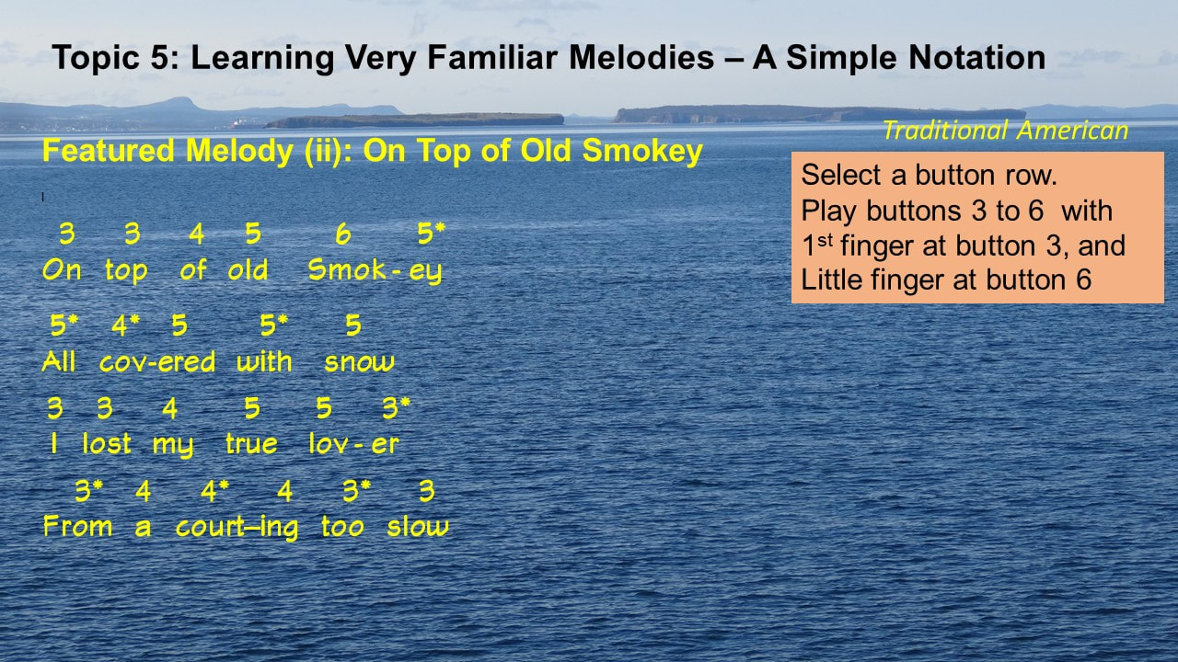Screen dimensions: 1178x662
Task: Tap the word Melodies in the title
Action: point(641,57)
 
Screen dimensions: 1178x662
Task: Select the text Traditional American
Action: point(1006,131)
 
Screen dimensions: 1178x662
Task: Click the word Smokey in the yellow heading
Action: point(642,152)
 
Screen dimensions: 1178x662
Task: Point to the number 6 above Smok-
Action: point(343,234)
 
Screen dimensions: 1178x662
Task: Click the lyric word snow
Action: point(359,362)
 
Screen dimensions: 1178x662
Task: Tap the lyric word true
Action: point(251,443)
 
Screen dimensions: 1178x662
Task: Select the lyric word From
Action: point(78,525)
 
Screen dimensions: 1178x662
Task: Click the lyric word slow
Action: point(418,527)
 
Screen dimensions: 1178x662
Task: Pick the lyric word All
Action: point(58,361)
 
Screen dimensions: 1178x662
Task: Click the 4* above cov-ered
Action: point(125,325)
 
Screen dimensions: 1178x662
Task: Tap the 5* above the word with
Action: point(274,325)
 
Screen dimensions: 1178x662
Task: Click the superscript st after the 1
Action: point(826,240)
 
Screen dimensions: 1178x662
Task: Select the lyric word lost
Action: point(107,443)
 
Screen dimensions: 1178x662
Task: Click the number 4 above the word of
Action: point(197,234)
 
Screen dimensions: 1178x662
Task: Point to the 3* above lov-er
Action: point(396,407)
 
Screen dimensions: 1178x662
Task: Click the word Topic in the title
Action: point(96,58)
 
